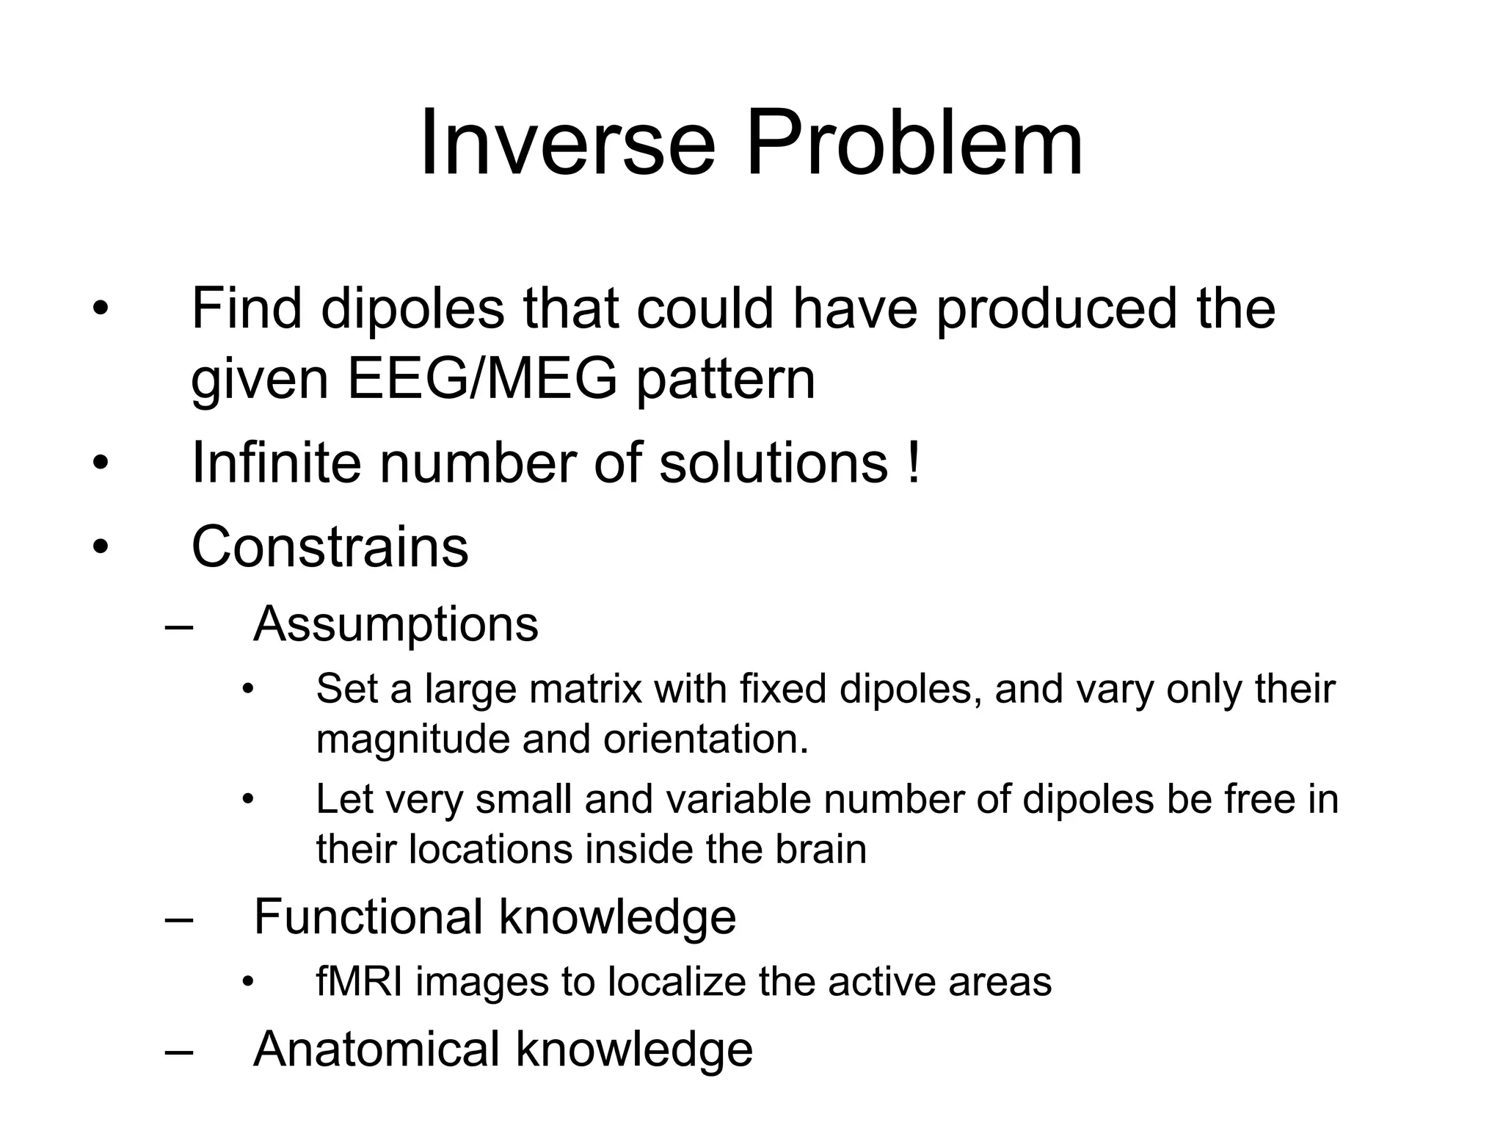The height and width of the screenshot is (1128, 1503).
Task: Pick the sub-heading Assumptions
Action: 396,624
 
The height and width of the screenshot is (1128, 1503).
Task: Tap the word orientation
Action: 705,739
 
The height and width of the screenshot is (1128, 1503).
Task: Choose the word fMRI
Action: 360,982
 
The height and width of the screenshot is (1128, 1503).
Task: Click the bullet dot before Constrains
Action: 101,547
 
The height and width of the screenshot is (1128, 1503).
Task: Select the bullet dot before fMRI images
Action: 248,983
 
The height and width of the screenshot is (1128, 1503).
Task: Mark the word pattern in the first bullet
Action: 725,380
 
